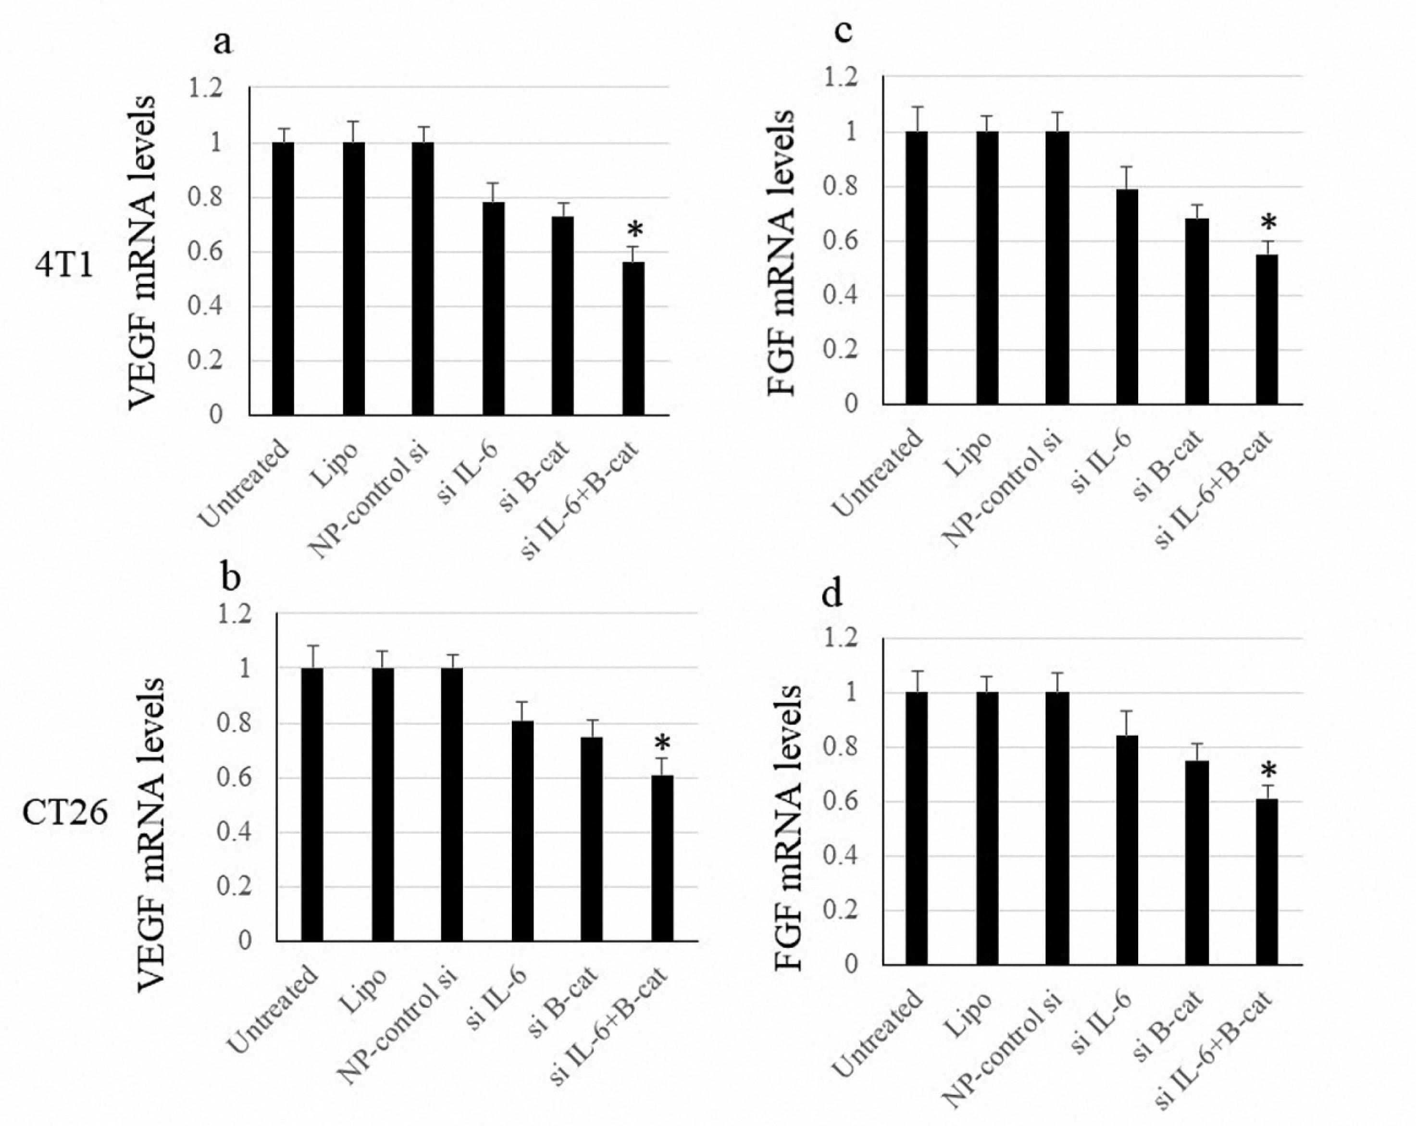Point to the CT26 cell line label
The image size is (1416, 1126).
tap(64, 814)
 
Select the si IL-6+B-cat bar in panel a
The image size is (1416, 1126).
tap(633, 338)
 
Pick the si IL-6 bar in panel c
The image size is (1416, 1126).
tap(1127, 296)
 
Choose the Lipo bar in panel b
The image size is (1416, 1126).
tap(383, 804)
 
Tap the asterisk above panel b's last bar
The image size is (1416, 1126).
tap(661, 744)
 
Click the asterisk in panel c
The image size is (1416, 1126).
tap(1269, 223)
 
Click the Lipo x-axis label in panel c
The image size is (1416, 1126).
tap(970, 453)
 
